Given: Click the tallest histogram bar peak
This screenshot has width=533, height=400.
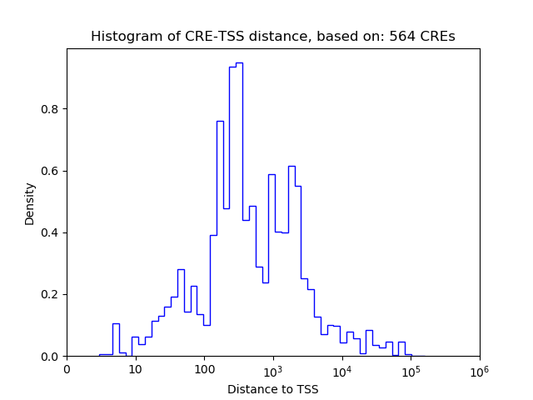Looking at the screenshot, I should [239, 63].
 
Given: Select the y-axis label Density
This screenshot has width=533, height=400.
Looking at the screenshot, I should [30, 203].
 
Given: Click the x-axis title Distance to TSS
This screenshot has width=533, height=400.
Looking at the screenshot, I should [272, 389].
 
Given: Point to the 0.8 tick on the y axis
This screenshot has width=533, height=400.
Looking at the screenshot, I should [51, 109].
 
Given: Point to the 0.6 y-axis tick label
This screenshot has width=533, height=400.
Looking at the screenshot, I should [51, 171].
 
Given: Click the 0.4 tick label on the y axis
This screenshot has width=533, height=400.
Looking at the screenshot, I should [51, 232].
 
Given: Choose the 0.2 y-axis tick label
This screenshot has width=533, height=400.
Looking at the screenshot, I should [51, 294].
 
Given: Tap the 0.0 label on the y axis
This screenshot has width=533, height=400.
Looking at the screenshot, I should [51, 357].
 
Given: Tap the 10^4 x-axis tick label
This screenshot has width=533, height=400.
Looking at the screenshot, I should [341, 370].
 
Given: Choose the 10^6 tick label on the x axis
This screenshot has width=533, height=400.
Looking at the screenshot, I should [479, 370].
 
